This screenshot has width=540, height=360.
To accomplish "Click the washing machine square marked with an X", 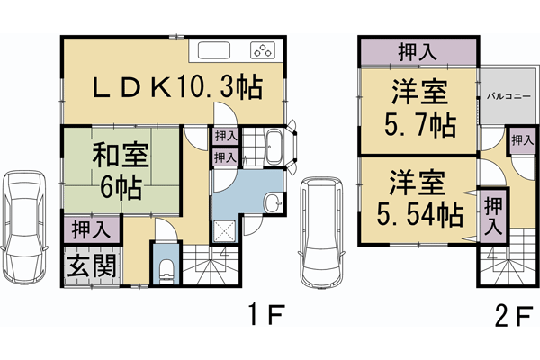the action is pos(222,232).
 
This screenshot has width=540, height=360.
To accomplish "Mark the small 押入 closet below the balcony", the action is pos(520,140).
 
